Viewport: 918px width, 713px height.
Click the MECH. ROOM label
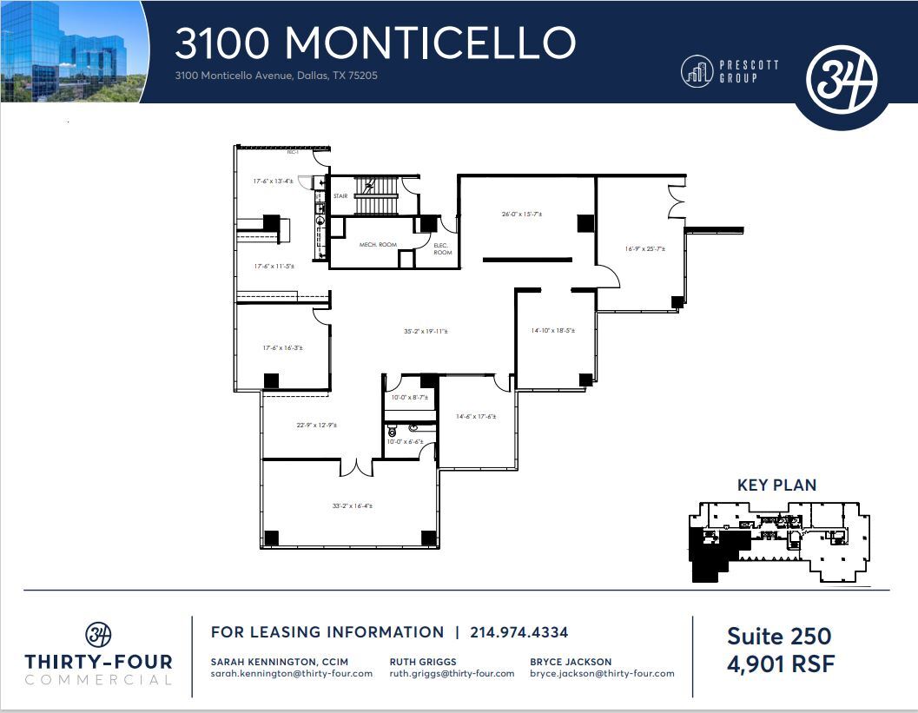(377, 245)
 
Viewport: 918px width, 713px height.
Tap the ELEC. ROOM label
(442, 249)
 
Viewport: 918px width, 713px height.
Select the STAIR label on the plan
(340, 196)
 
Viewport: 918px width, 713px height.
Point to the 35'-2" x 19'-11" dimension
(426, 331)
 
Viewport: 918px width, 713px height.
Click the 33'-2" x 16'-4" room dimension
(353, 505)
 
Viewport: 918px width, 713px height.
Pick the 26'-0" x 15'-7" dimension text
(521, 214)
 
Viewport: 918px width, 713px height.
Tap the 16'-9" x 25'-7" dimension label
(645, 249)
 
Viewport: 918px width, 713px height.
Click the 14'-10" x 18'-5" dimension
(552, 331)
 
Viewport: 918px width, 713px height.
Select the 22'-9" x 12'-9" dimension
(317, 425)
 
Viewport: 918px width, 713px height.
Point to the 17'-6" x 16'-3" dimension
(283, 347)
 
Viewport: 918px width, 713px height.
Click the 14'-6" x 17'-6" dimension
(476, 416)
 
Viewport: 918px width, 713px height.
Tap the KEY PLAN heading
(776, 485)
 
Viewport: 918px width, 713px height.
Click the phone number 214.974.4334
(518, 632)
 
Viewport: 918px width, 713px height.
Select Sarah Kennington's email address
(292, 673)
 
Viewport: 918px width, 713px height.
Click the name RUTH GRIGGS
(423, 661)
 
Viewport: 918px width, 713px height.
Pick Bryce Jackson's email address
(602, 673)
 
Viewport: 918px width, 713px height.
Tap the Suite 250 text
(779, 637)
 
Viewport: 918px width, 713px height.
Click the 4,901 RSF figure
(781, 666)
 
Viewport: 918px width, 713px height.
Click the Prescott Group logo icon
(696, 71)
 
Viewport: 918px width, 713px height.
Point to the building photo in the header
(69, 50)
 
